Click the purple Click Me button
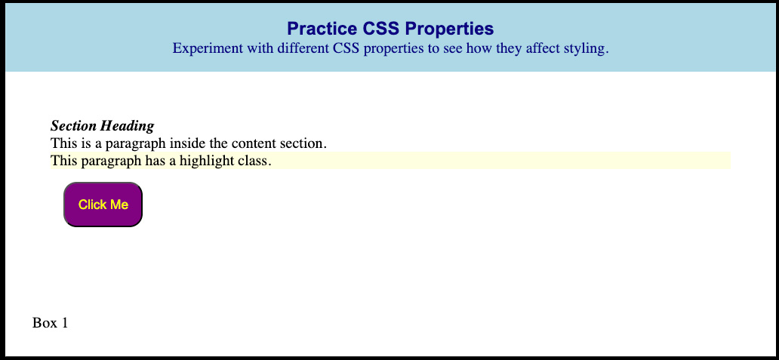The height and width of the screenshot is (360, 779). [103, 205]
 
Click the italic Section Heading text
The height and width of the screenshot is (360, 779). [103, 126]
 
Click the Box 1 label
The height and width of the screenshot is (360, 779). [50, 323]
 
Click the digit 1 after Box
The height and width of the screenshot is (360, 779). [64, 323]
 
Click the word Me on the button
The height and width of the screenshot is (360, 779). [119, 205]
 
